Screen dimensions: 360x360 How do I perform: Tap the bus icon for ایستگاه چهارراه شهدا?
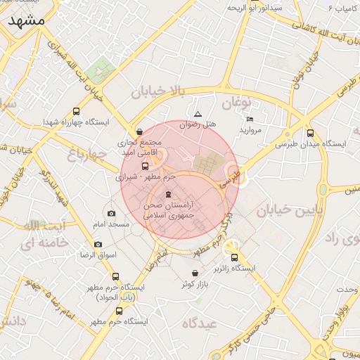tap(76, 111)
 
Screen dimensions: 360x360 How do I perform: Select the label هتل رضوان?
tap(198, 124)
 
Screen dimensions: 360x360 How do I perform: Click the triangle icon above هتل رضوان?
tap(198, 114)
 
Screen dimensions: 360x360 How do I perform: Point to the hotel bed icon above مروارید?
tap(250, 119)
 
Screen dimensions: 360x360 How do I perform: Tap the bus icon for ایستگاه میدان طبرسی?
tap(310, 133)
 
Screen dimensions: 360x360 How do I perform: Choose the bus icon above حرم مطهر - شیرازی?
tap(145, 167)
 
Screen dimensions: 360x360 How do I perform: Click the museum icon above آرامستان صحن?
tap(167, 194)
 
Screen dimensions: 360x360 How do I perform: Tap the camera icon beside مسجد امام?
tap(111, 213)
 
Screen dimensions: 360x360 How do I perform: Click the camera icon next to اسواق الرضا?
tap(98, 244)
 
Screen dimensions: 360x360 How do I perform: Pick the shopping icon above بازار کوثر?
tap(195, 273)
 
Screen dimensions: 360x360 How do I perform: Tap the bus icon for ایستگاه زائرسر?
tap(234, 258)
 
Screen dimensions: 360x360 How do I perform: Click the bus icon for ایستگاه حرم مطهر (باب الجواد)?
tap(115, 276)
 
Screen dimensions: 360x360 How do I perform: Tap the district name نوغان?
tap(236, 103)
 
